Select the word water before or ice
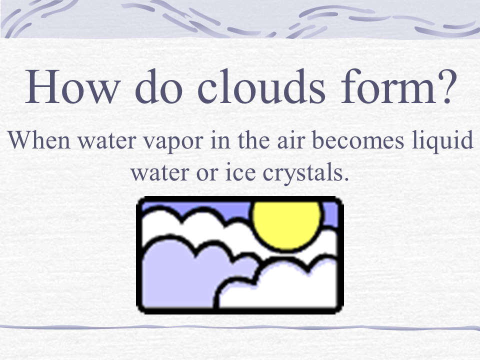[162, 173]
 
